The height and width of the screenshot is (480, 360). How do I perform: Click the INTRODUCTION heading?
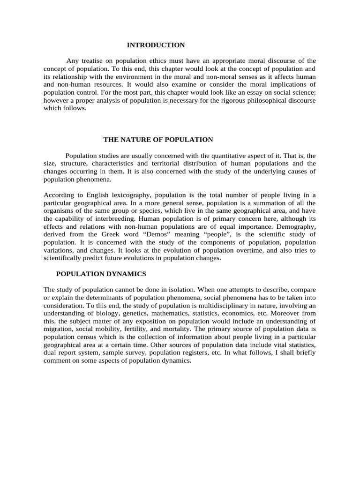point(156,45)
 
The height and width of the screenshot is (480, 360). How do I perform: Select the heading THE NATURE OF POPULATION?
point(158,140)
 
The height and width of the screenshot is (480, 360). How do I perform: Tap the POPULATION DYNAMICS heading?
point(101,273)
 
